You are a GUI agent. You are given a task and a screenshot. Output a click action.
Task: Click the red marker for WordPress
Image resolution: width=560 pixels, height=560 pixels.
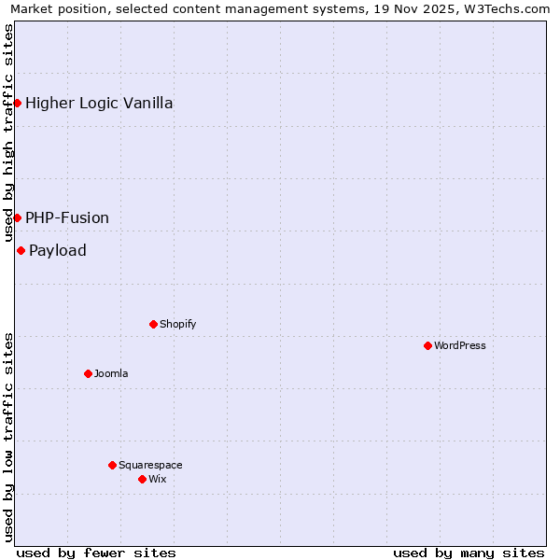click(427, 345)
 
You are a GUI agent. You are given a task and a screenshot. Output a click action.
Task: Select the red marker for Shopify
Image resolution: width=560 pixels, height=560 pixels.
click(153, 324)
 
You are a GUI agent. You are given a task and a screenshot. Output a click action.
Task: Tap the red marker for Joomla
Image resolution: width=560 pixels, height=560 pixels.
click(88, 373)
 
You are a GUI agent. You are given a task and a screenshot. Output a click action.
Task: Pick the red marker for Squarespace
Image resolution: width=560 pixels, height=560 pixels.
click(112, 465)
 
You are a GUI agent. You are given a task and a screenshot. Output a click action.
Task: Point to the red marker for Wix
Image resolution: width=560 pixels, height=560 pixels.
click(142, 479)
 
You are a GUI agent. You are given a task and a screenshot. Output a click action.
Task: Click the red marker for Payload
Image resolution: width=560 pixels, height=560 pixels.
click(21, 250)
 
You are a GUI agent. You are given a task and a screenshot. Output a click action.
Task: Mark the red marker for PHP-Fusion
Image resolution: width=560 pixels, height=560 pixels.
click(17, 217)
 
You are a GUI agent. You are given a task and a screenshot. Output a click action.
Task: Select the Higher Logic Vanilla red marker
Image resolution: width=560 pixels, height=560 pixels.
click(17, 103)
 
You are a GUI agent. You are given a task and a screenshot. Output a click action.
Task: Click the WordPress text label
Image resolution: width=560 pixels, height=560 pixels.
click(460, 345)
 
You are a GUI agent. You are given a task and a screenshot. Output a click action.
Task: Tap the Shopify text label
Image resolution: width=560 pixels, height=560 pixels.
click(177, 324)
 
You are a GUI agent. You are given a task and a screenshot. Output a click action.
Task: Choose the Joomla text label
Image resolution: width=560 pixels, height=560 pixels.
click(111, 373)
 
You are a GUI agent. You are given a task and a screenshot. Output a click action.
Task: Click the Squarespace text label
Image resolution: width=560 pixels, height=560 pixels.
click(150, 465)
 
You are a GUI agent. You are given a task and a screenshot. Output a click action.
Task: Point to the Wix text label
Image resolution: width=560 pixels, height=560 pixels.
click(157, 479)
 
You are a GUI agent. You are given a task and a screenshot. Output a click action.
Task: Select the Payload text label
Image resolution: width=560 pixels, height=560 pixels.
click(58, 250)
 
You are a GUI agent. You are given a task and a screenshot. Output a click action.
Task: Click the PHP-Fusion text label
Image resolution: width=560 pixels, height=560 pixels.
click(67, 217)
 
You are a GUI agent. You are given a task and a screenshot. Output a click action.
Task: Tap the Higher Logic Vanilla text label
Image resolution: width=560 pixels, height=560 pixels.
click(99, 103)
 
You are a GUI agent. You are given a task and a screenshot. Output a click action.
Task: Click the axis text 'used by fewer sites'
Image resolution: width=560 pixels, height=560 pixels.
click(96, 553)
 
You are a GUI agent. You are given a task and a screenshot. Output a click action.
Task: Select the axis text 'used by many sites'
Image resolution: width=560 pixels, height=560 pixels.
click(469, 553)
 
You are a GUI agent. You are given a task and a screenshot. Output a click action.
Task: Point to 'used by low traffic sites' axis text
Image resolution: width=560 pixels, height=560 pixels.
click(9, 437)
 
